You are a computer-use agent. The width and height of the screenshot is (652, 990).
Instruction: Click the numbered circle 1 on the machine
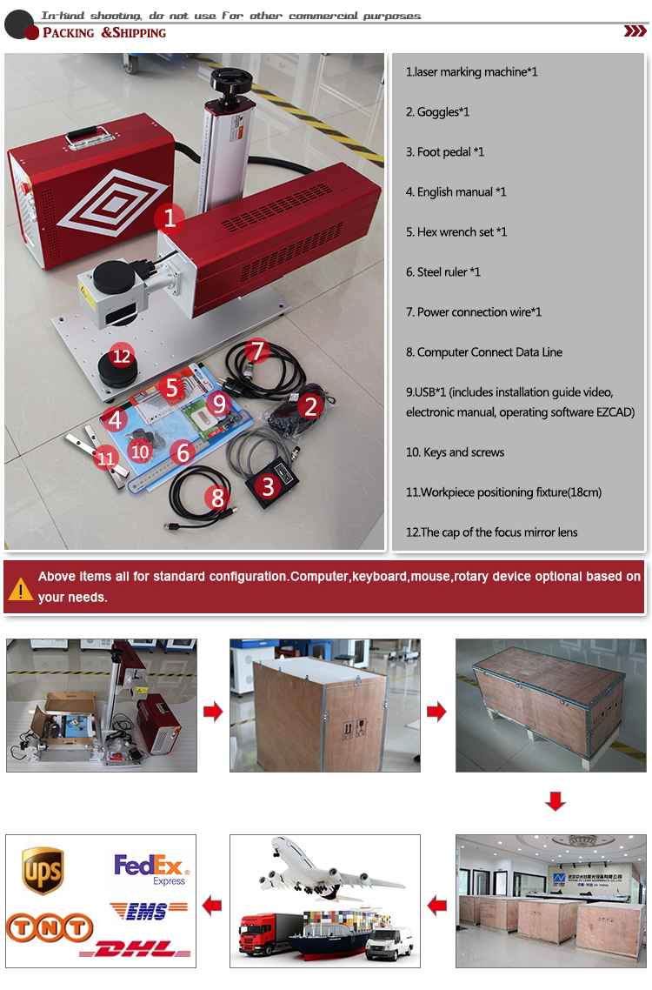pos(170,217)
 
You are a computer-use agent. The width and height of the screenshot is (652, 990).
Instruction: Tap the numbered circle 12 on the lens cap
pos(122,356)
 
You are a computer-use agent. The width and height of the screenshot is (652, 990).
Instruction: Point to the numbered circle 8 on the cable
pos(217,498)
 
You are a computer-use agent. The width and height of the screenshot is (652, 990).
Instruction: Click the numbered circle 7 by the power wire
pos(256,351)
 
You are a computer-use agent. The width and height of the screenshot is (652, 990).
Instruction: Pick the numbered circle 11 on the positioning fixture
pos(106,457)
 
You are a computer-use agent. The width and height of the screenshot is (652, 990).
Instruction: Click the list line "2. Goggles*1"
pos(438,112)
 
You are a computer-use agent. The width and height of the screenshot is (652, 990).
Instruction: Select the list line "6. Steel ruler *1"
pos(443,272)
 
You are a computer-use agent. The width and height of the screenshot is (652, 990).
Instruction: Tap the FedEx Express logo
pos(150,869)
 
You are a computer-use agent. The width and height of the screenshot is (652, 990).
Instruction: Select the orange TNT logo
pos(49,928)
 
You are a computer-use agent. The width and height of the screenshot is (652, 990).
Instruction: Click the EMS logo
pos(149,909)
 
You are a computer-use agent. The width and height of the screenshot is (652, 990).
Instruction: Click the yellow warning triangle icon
pos(20,589)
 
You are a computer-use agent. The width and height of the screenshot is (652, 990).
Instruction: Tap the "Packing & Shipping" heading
pos(103,33)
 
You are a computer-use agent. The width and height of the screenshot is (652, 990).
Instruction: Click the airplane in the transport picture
pos(331,870)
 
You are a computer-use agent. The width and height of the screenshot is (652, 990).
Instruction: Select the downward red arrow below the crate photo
pos(555,801)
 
